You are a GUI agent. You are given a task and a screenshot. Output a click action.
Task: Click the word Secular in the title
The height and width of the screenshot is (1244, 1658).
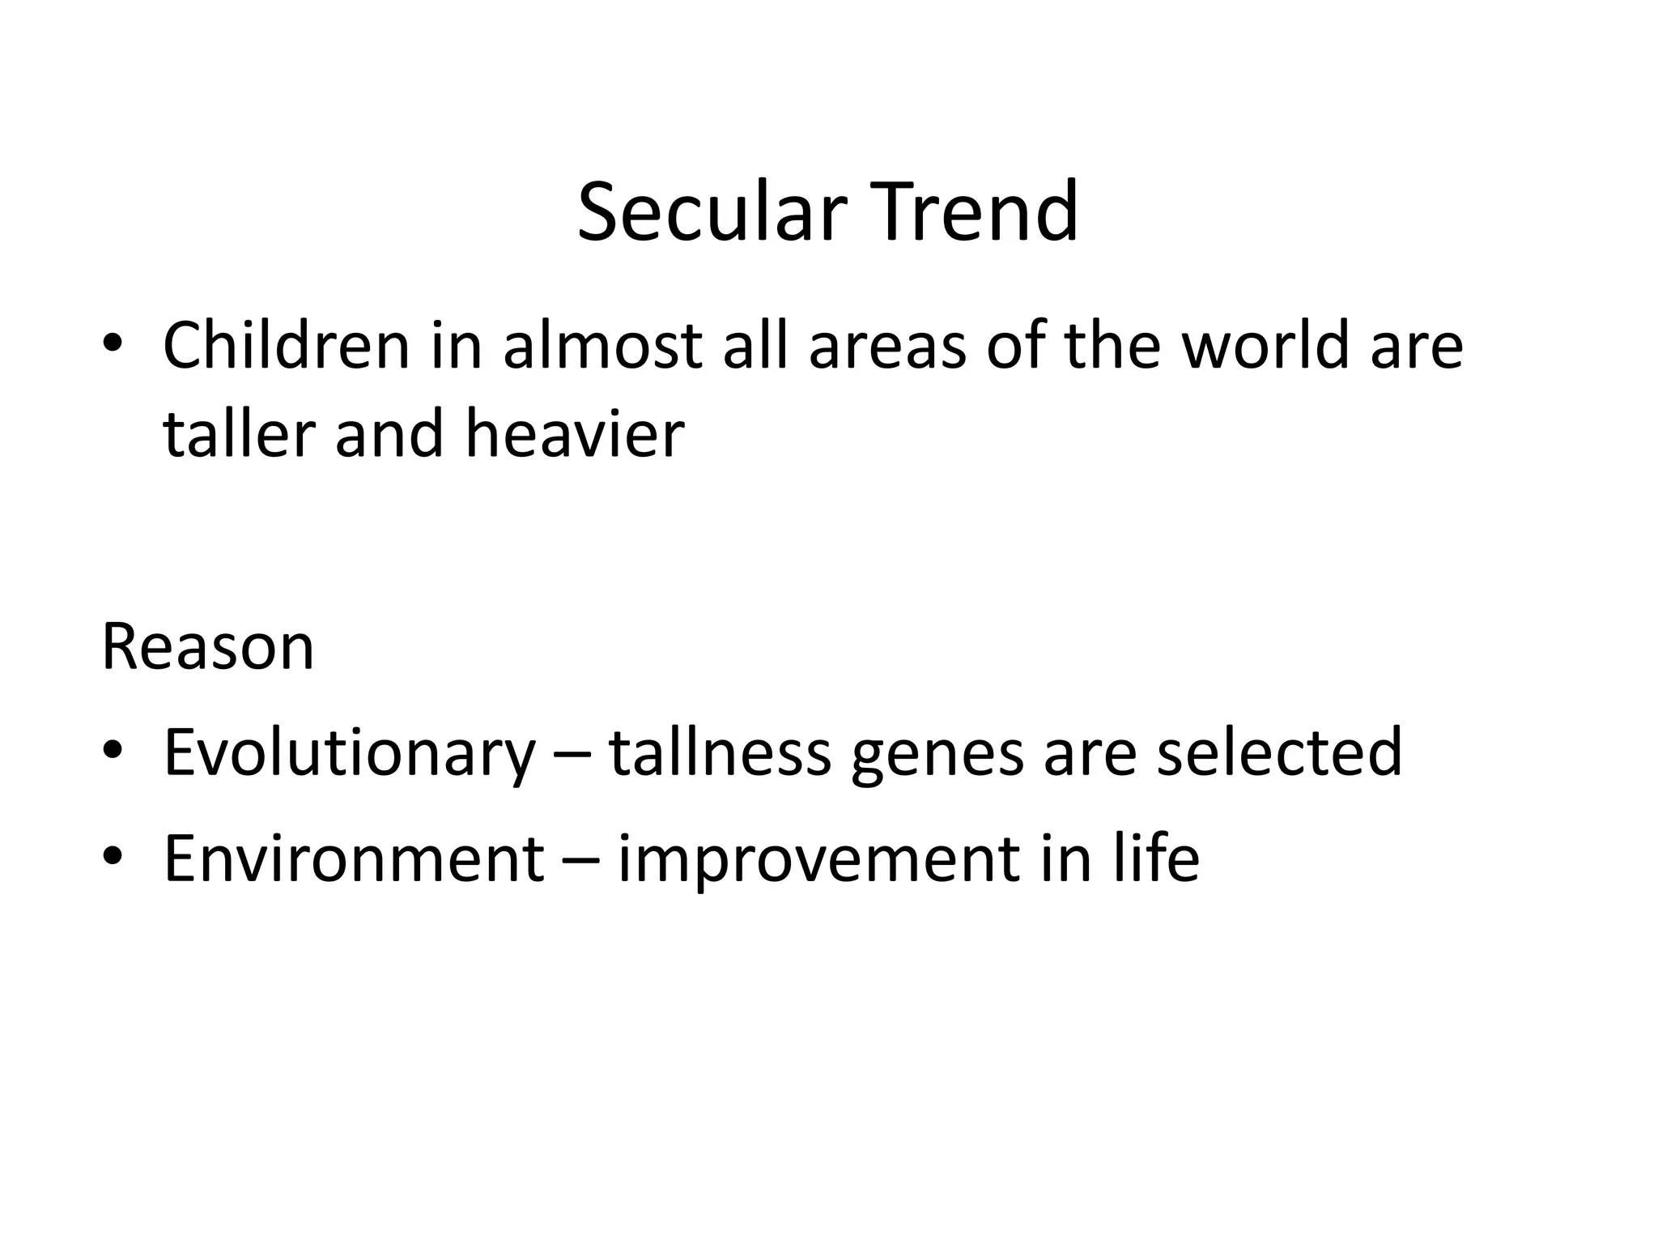pos(711,212)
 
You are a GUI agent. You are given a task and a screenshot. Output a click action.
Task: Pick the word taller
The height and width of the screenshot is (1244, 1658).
pos(239,434)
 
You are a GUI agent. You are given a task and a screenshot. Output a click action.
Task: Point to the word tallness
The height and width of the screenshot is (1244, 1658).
pos(720,753)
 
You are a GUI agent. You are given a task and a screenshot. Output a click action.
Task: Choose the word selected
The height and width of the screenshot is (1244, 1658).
pos(1279,753)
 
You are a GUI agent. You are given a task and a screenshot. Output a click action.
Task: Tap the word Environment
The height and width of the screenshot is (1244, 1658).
pos(354,858)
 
